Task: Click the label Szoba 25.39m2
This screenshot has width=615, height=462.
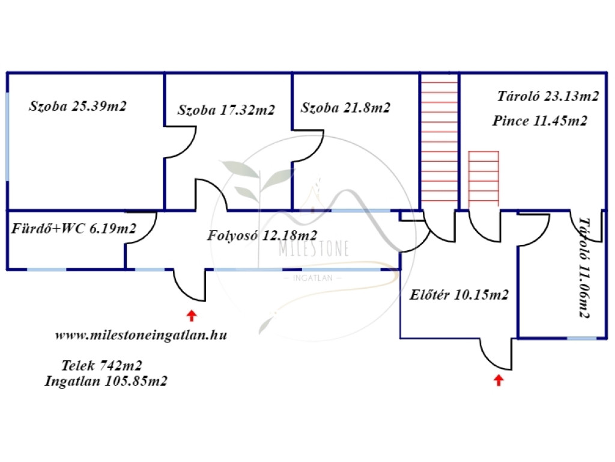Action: [78, 106]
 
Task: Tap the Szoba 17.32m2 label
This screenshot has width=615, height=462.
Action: [226, 110]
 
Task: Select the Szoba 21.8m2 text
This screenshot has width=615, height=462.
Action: [346, 108]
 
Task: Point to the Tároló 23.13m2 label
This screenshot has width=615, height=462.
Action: [548, 96]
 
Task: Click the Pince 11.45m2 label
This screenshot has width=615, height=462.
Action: [539, 121]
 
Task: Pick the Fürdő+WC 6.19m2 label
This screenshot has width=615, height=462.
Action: [74, 229]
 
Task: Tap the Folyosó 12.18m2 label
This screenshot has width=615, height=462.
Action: [262, 235]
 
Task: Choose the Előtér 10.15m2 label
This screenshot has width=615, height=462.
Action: [459, 295]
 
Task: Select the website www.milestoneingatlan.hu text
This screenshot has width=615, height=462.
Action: [141, 336]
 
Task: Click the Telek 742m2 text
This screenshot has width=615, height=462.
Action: [101, 365]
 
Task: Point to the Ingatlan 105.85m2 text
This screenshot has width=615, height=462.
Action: [106, 381]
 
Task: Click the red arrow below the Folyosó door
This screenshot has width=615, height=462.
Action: [191, 314]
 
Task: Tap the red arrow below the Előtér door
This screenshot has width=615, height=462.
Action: [498, 380]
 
